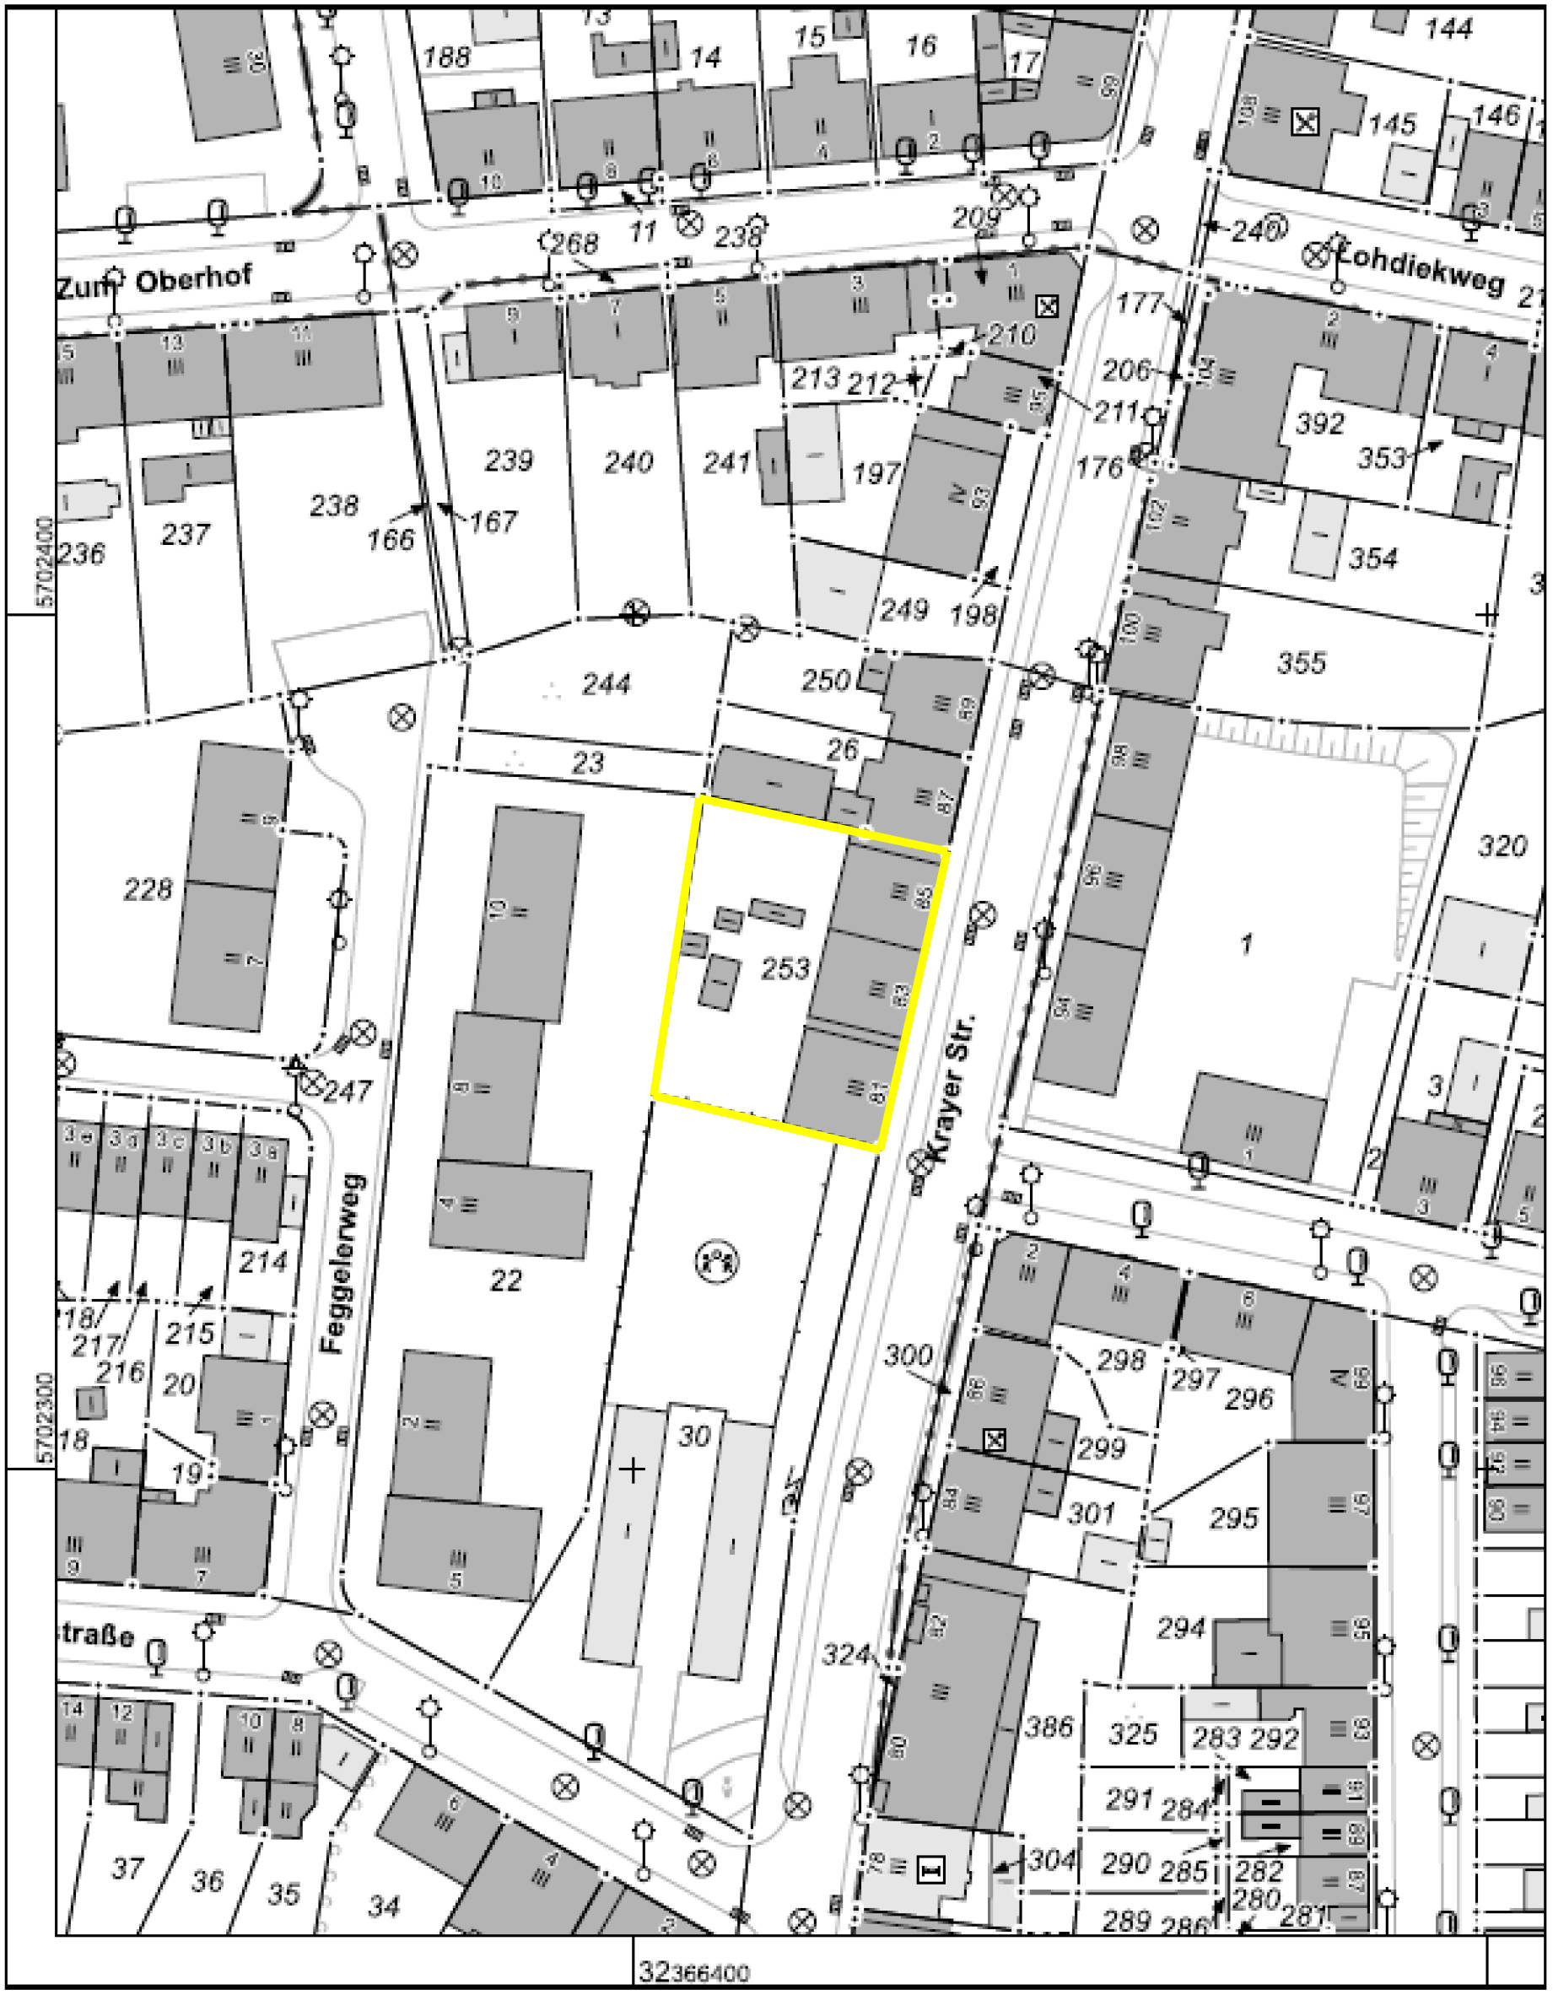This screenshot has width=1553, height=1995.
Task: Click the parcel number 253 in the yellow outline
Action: click(x=785, y=968)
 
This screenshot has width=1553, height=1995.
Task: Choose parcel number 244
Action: click(x=606, y=683)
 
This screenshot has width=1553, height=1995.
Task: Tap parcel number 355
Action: click(x=1301, y=661)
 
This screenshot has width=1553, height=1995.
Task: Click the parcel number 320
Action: click(x=1502, y=846)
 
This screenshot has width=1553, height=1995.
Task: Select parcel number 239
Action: click(x=508, y=460)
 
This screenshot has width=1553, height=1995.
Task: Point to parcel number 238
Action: click(x=333, y=505)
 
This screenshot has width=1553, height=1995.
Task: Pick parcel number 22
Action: click(x=505, y=1280)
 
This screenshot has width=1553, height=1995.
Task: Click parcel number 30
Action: click(x=693, y=1436)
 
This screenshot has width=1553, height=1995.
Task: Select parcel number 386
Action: click(x=1049, y=1727)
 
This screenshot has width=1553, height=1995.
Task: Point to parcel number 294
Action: click(x=1181, y=1627)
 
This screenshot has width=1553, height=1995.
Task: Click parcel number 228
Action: click(x=147, y=888)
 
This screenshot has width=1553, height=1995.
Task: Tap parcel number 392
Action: click(x=1320, y=423)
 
